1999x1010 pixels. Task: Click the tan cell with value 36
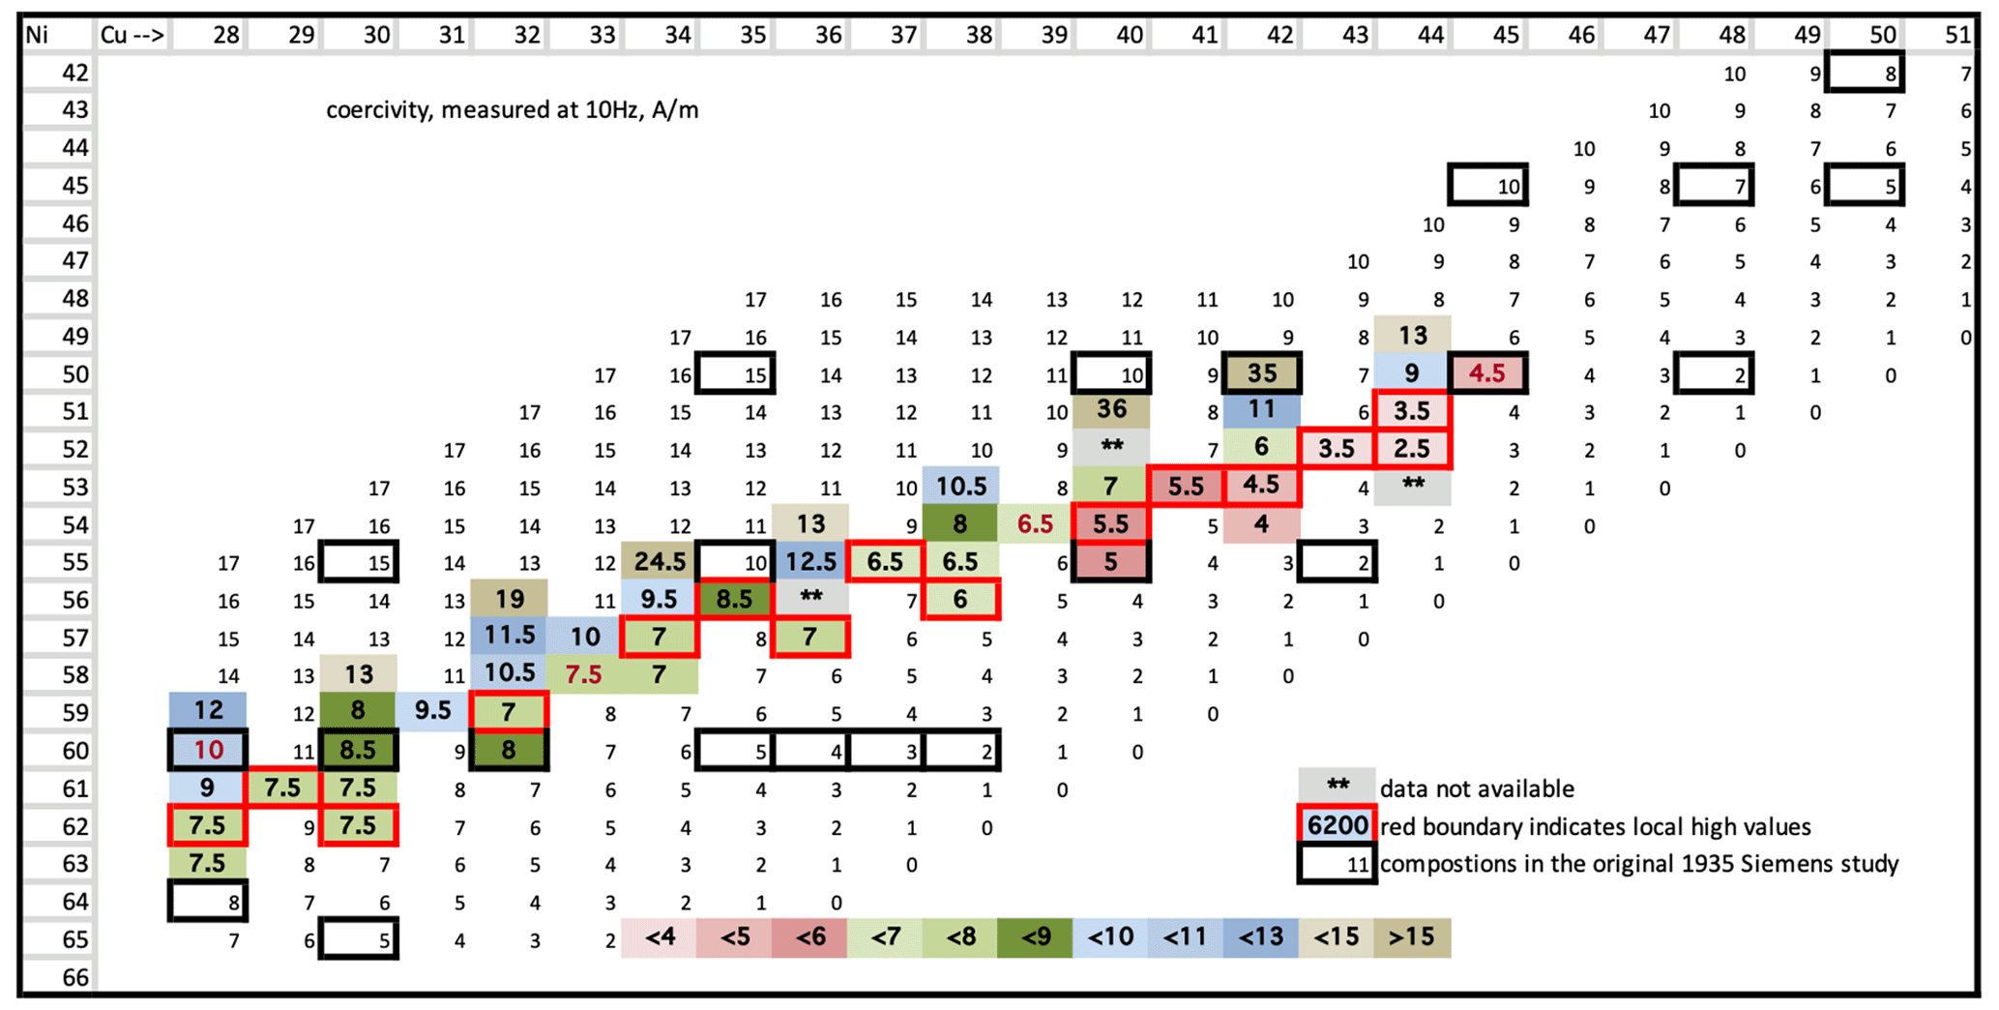click(1111, 409)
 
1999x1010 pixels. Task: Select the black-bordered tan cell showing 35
click(1261, 372)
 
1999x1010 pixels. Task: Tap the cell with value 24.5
click(660, 561)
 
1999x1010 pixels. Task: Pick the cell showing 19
click(509, 599)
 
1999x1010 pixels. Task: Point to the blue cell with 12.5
click(810, 561)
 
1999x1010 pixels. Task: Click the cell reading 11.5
click(509, 636)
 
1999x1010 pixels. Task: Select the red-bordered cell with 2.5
click(1412, 448)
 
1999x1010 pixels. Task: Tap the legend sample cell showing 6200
click(1337, 825)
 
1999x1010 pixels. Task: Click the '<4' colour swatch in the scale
click(660, 937)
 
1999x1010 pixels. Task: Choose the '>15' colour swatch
click(1412, 937)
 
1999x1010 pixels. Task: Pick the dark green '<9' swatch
click(1036, 937)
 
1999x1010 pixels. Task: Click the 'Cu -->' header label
click(132, 36)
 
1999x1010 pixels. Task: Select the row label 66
click(75, 977)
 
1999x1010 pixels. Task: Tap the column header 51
click(1957, 36)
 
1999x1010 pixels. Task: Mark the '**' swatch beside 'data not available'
click(1337, 787)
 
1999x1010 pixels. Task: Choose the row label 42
click(75, 73)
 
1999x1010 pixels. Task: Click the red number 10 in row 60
click(208, 750)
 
